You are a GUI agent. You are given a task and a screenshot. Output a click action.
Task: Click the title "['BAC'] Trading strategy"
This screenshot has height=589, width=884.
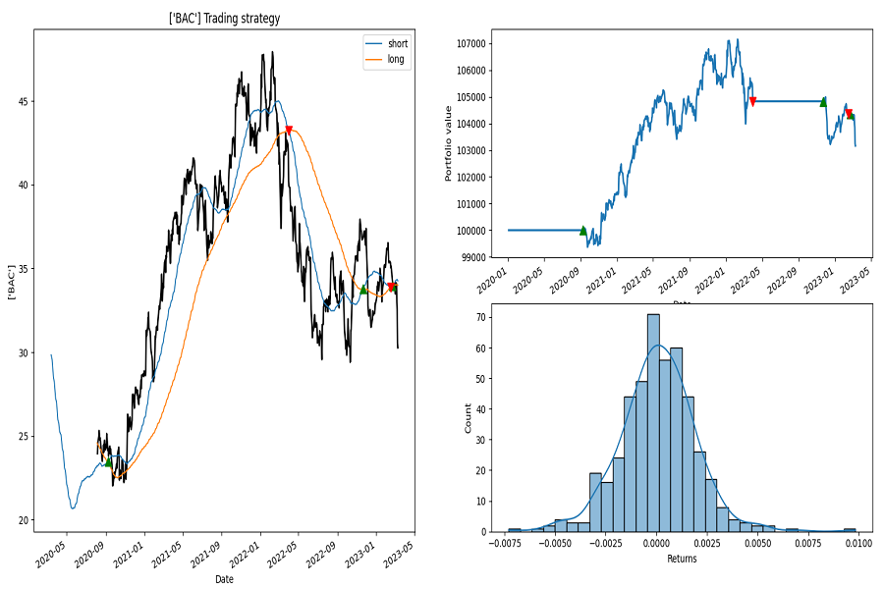point(224,19)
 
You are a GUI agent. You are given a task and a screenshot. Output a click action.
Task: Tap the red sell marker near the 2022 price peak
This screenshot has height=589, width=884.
point(289,131)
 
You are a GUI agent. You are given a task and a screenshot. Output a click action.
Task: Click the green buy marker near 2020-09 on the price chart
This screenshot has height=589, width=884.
point(108,461)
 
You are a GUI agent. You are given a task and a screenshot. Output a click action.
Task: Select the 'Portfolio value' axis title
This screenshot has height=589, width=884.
point(448,143)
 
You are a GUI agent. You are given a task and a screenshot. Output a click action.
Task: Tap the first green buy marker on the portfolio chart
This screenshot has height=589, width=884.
point(582,231)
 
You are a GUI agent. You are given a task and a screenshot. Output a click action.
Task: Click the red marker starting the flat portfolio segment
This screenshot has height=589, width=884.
point(752,101)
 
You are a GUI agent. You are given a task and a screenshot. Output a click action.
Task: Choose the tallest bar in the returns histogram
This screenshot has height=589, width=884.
point(653,423)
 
